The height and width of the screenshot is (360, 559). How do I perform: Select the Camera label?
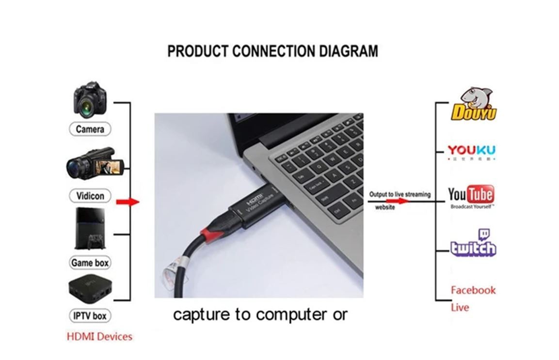90,129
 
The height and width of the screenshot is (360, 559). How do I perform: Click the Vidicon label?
90,196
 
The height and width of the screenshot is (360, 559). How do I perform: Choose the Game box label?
90,263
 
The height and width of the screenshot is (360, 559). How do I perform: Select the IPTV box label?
90,316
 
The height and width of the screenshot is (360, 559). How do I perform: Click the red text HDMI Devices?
99,336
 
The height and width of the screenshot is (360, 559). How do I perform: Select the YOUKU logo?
471,152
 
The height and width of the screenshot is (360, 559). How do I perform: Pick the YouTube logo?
471,196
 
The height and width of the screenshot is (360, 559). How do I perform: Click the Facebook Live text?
473,298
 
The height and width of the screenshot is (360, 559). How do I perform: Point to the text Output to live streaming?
399,194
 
